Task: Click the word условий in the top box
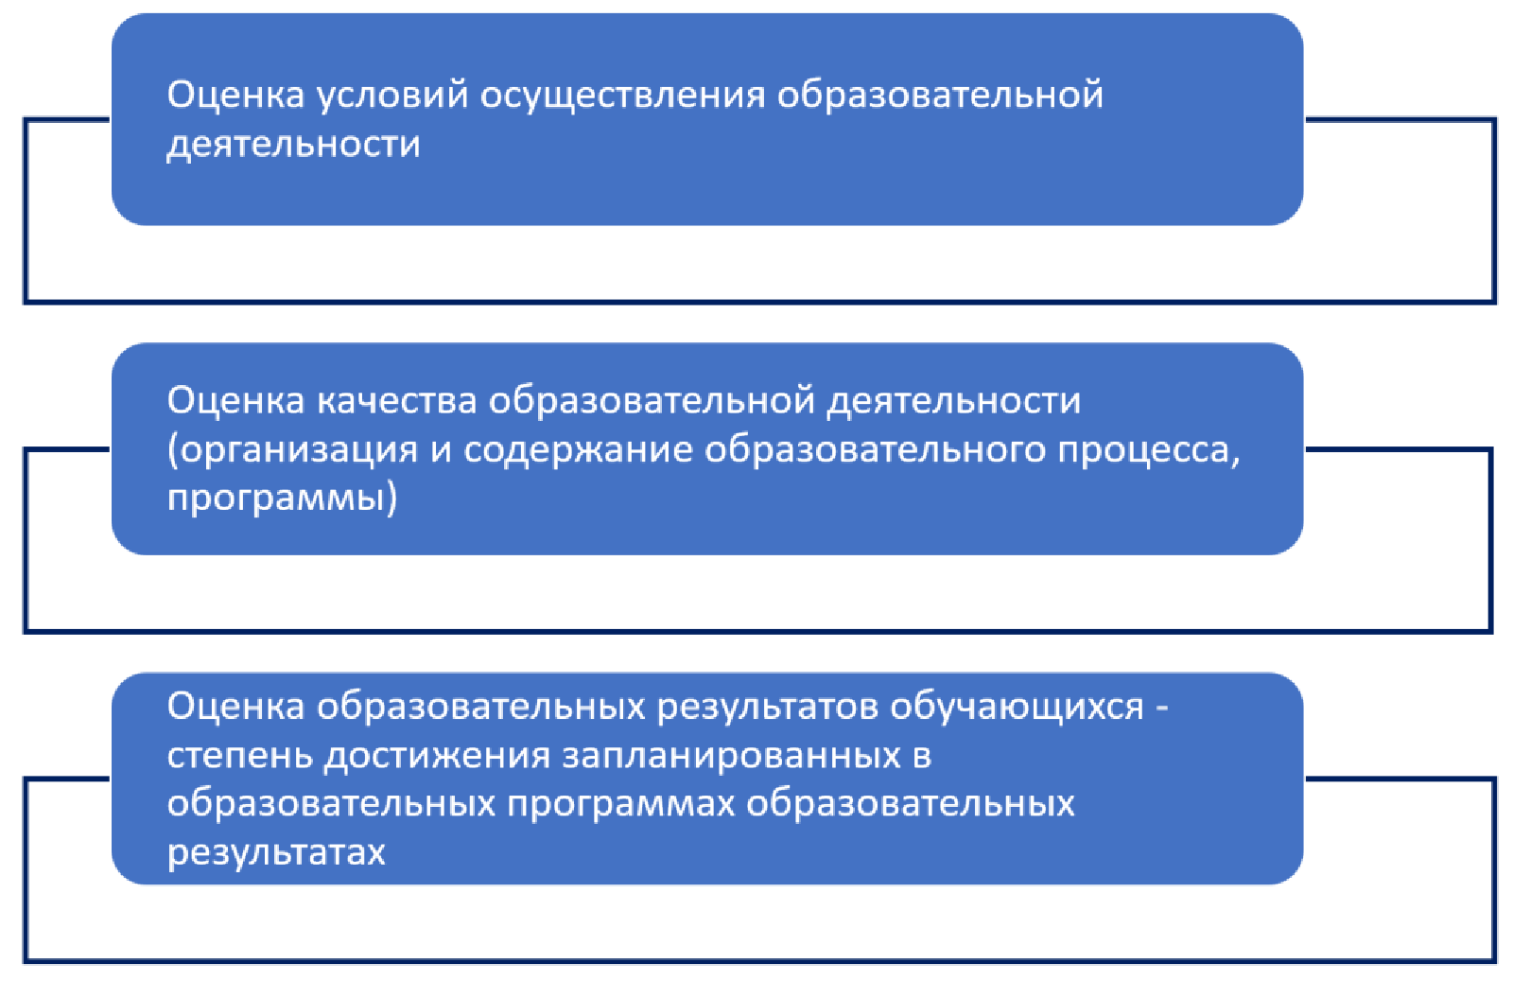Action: point(392,96)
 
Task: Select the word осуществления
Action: point(622,96)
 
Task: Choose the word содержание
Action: point(578,450)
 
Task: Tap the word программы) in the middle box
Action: point(282,499)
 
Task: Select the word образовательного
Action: point(876,450)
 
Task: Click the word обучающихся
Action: point(1017,708)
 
